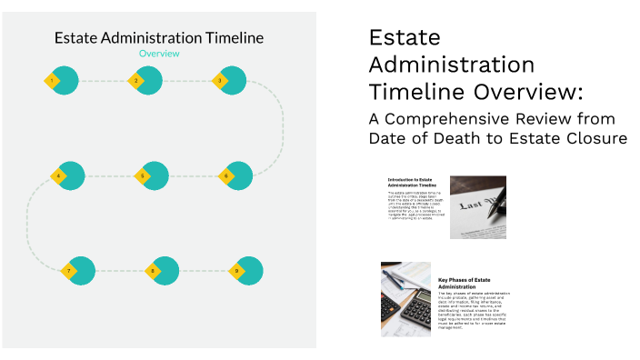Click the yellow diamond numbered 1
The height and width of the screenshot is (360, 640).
[54, 81]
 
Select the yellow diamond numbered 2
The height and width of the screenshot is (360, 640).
[136, 81]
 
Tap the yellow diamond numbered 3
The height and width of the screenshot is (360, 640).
[219, 81]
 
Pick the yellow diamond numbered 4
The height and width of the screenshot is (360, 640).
[59, 175]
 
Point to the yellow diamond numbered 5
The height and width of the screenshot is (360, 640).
[142, 175]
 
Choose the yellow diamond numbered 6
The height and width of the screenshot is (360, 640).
[226, 175]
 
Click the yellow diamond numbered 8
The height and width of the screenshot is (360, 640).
[153, 271]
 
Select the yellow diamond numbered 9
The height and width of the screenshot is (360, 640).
[236, 271]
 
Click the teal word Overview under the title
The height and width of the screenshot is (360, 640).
[159, 54]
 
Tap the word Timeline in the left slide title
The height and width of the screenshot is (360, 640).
[232, 37]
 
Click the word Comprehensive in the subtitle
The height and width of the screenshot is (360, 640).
[457, 119]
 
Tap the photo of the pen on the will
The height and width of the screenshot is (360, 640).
[477, 207]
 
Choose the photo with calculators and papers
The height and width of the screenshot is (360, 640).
[405, 299]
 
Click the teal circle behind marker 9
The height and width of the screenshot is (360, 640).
[250, 270]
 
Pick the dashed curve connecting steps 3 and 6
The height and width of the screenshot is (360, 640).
[282, 127]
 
